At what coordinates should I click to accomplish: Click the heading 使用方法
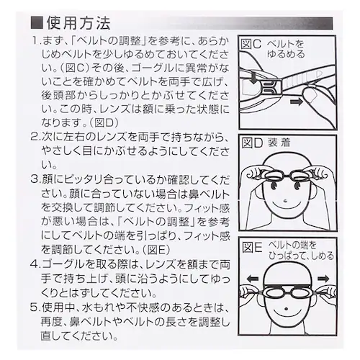tap(78, 23)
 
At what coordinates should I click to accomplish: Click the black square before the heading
tap(37, 23)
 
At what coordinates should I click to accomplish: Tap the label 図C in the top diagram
tap(251, 44)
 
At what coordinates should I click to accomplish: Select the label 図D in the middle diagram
tap(252, 143)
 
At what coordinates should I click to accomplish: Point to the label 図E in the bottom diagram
tap(252, 247)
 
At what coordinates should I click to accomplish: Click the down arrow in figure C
tap(253, 78)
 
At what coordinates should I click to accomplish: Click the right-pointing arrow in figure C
tap(297, 102)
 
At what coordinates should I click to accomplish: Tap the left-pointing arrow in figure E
tap(253, 279)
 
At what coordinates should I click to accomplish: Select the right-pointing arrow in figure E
tap(323, 279)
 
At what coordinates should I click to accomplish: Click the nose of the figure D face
tap(285, 200)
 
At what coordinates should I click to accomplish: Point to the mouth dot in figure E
tap(286, 309)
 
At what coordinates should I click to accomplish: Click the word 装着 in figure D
tap(279, 143)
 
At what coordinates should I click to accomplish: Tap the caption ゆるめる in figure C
tap(286, 54)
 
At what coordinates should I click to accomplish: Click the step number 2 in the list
tap(35, 138)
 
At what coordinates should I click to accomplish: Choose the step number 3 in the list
tap(35, 180)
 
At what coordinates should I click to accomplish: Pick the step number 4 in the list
tap(35, 265)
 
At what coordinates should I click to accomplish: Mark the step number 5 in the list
tap(35, 307)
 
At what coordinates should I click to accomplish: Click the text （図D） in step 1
tap(104, 123)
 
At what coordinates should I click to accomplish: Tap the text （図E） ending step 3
tap(156, 251)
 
